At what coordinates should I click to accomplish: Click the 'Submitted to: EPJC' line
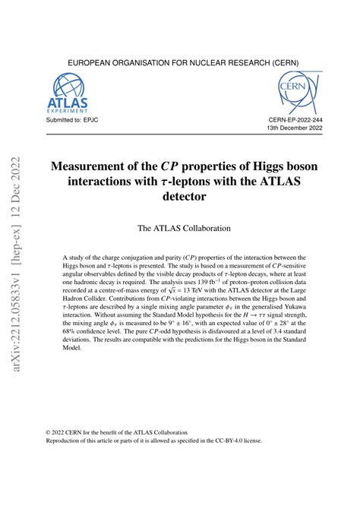coord(73,119)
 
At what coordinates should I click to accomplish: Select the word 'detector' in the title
coord(180,197)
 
